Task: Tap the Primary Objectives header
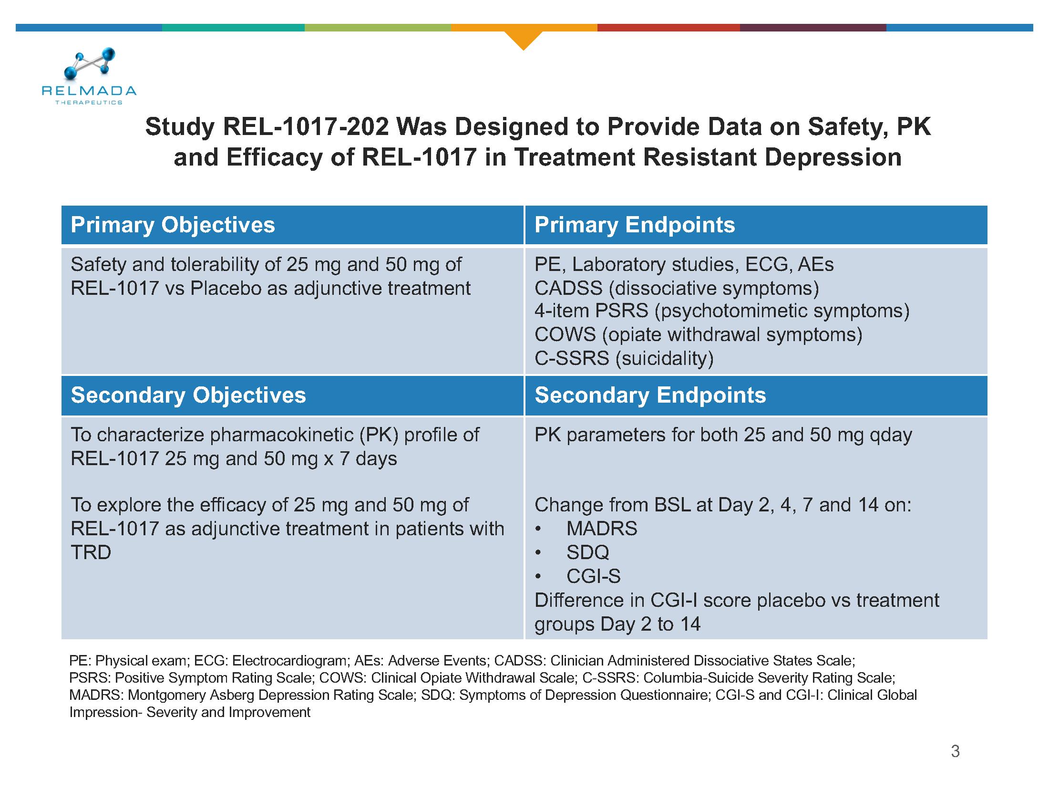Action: point(173,225)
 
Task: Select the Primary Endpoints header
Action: point(635,225)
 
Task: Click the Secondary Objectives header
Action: point(188,395)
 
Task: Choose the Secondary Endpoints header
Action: point(650,395)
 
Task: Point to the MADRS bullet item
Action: point(601,529)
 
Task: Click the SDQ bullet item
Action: point(587,552)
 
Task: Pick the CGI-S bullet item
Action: point(593,576)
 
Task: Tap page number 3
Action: point(956,751)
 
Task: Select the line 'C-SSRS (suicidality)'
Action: point(624,358)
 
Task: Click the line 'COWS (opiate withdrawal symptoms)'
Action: point(698,334)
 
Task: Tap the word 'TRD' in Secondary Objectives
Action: point(91,552)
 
